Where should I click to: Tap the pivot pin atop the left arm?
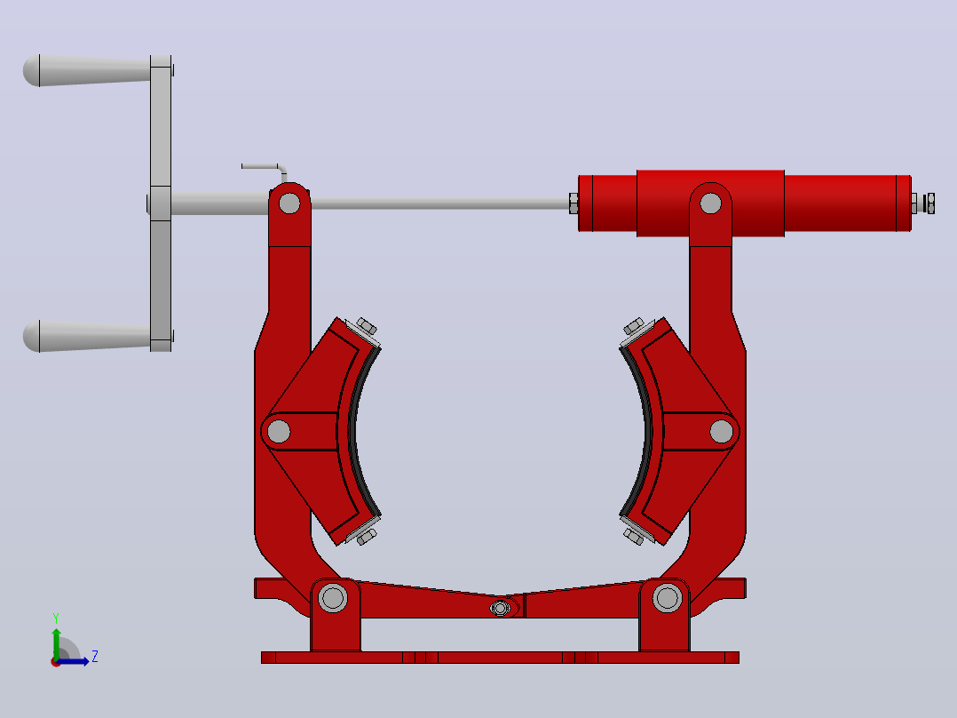point(289,203)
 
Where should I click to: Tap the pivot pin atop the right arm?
point(710,203)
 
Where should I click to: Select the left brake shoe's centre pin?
point(279,431)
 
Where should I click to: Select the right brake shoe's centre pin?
point(722,431)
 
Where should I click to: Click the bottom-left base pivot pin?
point(333,598)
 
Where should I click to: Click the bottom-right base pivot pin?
point(667,598)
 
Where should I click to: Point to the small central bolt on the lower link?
point(500,608)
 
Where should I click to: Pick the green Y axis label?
point(56,618)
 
